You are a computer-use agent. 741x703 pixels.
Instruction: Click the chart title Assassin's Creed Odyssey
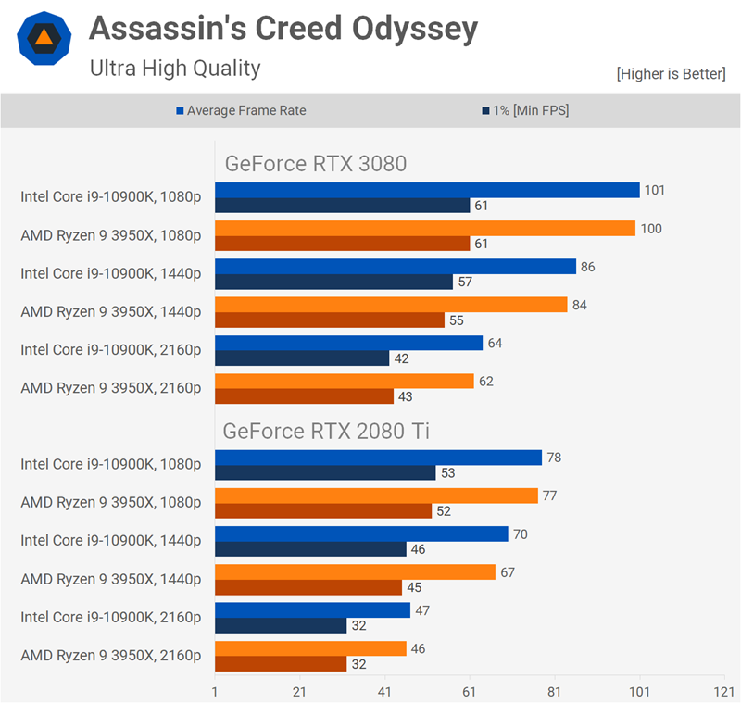click(x=283, y=30)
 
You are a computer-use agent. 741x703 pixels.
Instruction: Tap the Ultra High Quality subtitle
click(x=175, y=68)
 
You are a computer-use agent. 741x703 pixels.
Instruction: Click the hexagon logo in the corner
click(x=44, y=37)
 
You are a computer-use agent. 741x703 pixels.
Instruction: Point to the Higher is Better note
click(x=671, y=74)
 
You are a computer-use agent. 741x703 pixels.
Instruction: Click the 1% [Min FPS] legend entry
click(x=525, y=110)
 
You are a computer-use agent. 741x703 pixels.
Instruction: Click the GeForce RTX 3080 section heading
click(x=316, y=164)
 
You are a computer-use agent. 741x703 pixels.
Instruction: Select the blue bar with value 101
click(x=427, y=190)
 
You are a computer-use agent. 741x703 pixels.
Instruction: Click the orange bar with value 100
click(x=425, y=228)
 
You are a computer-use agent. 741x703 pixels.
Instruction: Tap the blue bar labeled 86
click(x=396, y=267)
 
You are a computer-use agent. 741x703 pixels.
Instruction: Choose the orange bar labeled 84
click(x=391, y=305)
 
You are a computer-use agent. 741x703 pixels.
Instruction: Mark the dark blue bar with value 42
click(x=302, y=358)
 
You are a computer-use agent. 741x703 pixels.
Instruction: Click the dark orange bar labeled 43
click(x=304, y=396)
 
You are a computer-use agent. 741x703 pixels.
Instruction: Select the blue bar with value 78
click(x=378, y=458)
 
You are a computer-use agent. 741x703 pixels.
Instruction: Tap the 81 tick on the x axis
click(x=554, y=691)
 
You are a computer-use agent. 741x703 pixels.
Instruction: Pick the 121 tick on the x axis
click(x=723, y=691)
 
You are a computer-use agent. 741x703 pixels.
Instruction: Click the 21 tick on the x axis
click(x=299, y=691)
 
